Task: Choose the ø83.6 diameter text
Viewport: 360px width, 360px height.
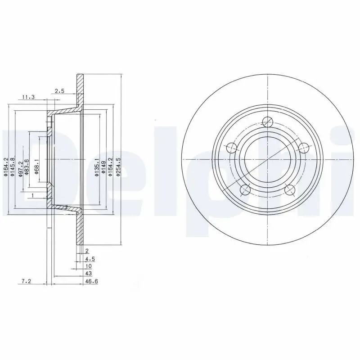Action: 27,167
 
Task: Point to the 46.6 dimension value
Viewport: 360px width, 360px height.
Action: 91,281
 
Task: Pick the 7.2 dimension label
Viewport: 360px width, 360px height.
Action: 26,281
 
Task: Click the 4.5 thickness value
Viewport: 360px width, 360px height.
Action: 90,259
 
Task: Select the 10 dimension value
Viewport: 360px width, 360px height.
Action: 88,266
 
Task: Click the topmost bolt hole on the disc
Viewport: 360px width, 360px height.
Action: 267,121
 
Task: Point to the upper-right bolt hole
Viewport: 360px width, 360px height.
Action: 304,148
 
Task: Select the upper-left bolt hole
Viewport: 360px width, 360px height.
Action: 231,148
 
